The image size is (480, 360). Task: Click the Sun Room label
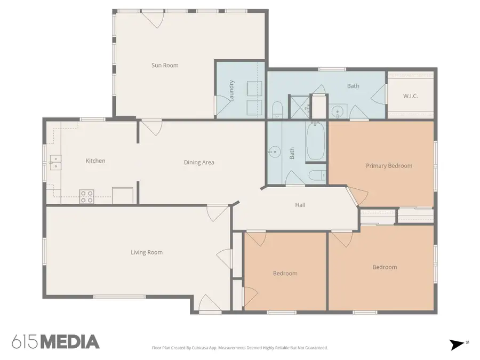point(165,66)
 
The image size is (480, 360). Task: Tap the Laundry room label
point(232,90)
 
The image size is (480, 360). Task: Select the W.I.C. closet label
point(410,96)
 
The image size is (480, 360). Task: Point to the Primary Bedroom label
point(389,166)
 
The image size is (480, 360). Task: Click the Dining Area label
point(199,162)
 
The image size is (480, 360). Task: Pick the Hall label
point(300,205)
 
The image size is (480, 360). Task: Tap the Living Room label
point(147,252)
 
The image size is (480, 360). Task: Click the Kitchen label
point(95,161)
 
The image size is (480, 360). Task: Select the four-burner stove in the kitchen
point(87,196)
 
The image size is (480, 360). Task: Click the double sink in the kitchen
point(55,163)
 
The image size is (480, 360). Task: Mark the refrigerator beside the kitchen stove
point(122,195)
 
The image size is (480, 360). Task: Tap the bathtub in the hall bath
point(315,141)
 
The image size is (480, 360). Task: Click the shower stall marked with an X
point(298,106)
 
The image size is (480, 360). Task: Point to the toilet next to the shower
point(278,110)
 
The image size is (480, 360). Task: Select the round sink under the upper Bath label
point(337,111)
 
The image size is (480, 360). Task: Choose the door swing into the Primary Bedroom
point(356,196)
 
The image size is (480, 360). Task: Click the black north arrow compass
point(457,345)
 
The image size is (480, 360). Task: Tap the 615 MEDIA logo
point(55,342)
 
